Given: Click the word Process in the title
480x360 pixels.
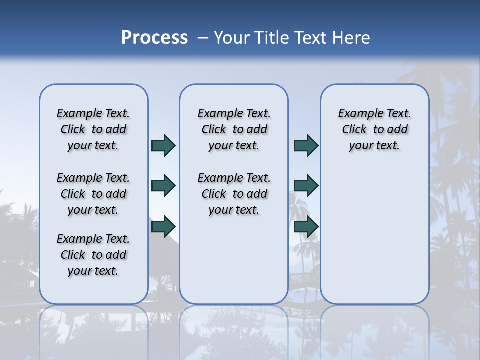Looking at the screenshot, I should tap(154, 38).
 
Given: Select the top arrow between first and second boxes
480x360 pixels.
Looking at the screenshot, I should tap(163, 146).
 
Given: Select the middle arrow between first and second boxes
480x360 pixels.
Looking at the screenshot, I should tap(163, 186).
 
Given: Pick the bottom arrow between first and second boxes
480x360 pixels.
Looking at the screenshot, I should tap(163, 227).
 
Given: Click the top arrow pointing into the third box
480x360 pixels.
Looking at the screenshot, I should tap(306, 146).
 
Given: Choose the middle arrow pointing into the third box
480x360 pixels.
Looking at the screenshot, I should tap(306, 186).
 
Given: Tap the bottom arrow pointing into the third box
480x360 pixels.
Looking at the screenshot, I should tap(306, 227).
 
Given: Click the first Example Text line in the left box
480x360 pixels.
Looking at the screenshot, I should tap(93, 113).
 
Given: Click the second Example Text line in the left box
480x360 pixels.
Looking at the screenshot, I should tap(93, 178).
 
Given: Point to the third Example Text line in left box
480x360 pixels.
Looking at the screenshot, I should tap(93, 239).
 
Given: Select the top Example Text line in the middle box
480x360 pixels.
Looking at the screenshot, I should tap(234, 113).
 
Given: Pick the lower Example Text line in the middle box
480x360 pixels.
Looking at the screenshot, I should tap(234, 178).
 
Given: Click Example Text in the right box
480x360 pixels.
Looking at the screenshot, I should tap(375, 113).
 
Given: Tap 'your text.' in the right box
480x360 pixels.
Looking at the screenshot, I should tap(375, 146).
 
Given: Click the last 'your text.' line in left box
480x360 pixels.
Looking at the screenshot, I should tap(93, 271).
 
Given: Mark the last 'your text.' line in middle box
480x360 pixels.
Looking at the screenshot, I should tap(234, 210).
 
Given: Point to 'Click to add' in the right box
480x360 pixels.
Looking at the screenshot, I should tap(375, 130).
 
